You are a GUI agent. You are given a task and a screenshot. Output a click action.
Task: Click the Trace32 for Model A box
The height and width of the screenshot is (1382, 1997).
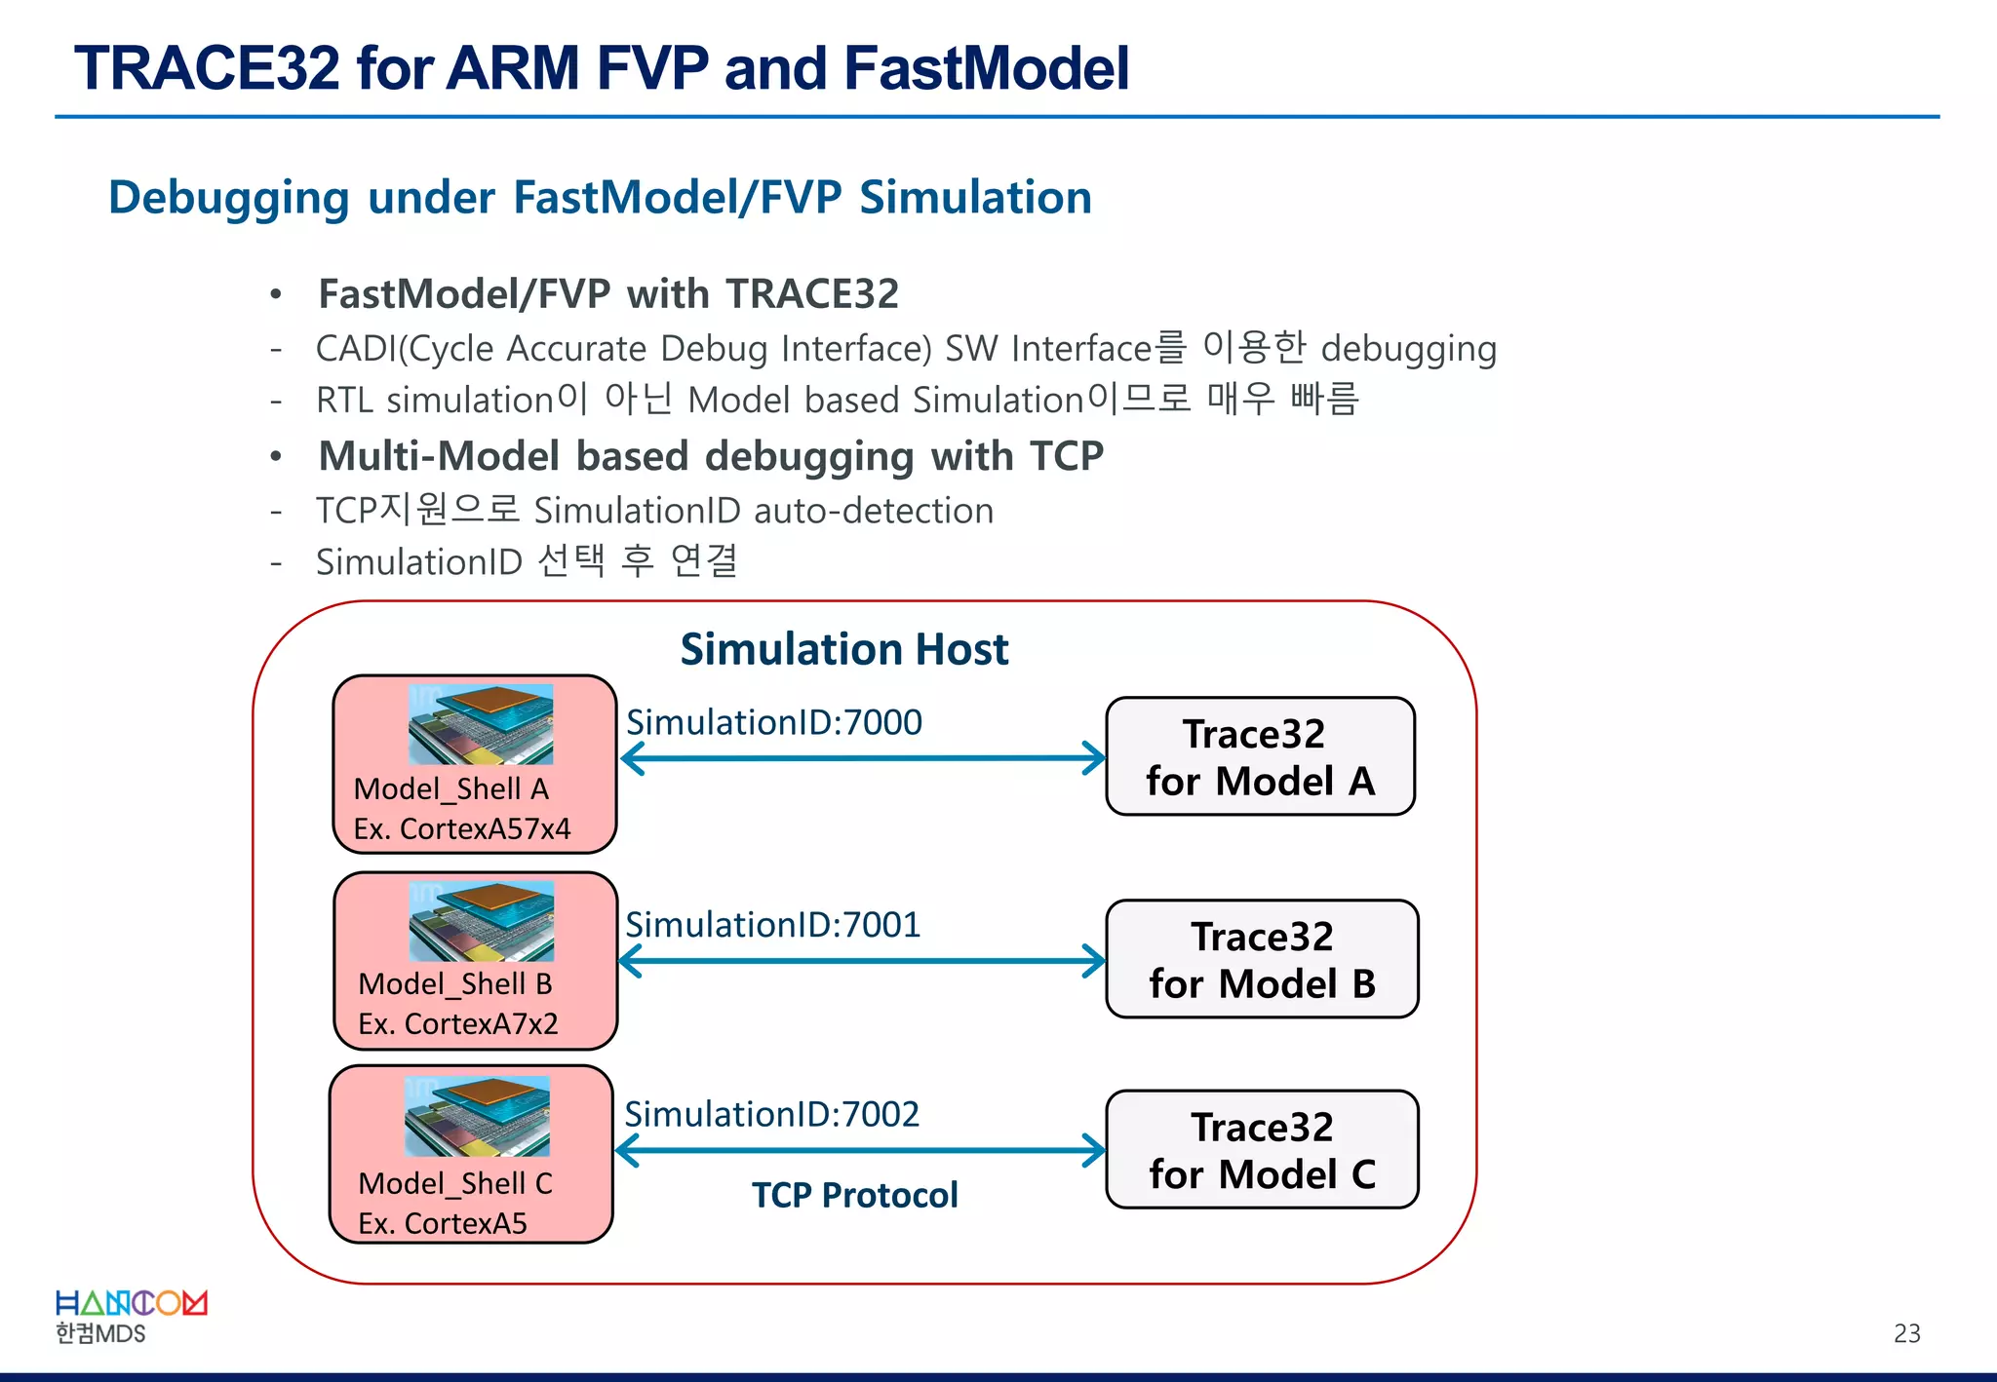coord(1260,757)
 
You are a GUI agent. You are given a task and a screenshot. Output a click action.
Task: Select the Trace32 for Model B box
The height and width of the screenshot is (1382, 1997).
coord(1262,960)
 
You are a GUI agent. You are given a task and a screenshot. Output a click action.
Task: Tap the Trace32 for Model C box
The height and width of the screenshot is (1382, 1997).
coord(1262,1150)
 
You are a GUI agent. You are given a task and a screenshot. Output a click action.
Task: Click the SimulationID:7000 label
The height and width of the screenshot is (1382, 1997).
coord(773,722)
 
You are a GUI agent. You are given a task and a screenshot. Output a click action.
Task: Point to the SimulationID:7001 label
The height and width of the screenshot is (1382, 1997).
coord(772,925)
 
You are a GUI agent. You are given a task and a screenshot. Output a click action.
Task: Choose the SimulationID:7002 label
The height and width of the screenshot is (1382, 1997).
coord(771,1114)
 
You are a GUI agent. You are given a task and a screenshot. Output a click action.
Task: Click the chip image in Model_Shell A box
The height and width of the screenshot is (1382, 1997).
coord(481,724)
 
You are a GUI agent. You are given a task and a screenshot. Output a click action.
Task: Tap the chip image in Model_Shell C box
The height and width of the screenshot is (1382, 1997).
coord(477,1116)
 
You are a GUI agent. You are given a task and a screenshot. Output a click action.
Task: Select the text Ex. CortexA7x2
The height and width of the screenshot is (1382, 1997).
coord(457,1023)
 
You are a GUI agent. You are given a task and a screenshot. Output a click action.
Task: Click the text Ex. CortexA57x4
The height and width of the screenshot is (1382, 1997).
coord(461,828)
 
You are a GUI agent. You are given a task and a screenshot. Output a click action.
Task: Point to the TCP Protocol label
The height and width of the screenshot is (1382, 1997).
coord(854,1195)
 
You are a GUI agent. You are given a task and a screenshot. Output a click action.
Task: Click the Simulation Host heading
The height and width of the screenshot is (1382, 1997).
coord(843,649)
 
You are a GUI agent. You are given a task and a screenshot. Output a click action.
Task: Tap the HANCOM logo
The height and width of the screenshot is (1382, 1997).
coord(131,1304)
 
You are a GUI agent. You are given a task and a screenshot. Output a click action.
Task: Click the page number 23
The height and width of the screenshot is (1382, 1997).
coord(1906,1333)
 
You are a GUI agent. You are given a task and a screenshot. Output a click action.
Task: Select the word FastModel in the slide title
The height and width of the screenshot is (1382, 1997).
coord(986,68)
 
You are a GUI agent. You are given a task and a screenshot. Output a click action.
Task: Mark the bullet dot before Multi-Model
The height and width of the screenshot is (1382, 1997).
coord(277,456)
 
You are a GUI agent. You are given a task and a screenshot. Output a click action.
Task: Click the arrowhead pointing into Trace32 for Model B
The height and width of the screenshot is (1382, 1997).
coord(1094,961)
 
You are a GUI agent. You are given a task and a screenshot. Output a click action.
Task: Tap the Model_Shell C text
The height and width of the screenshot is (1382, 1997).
coord(454,1183)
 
